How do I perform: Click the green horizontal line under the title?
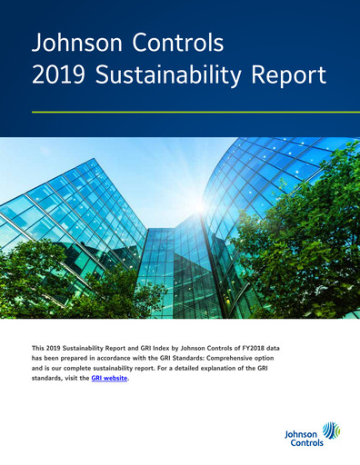point(179,112)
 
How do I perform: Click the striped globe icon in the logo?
point(330,431)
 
